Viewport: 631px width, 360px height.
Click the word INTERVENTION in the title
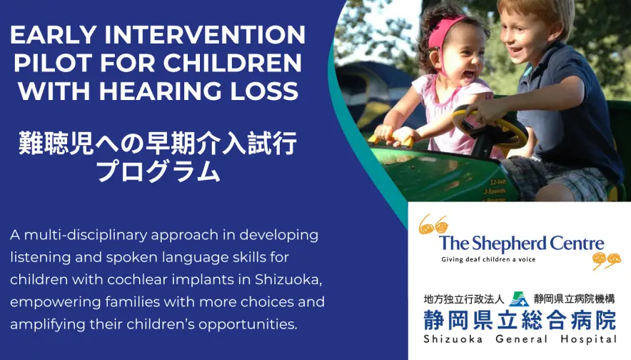coord(205,35)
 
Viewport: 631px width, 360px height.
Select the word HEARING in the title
coord(160,91)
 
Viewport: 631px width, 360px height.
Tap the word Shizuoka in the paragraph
coord(288,279)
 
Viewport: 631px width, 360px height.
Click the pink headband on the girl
coord(440,33)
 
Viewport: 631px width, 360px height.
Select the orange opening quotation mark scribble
coord(433,224)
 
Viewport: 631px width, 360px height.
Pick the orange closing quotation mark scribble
coord(606,260)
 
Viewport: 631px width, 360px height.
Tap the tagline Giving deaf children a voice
coord(488,259)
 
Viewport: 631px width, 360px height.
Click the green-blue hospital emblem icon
coord(519,299)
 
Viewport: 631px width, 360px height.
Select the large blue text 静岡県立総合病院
coord(520,321)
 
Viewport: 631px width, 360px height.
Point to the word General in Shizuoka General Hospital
coord(521,339)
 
